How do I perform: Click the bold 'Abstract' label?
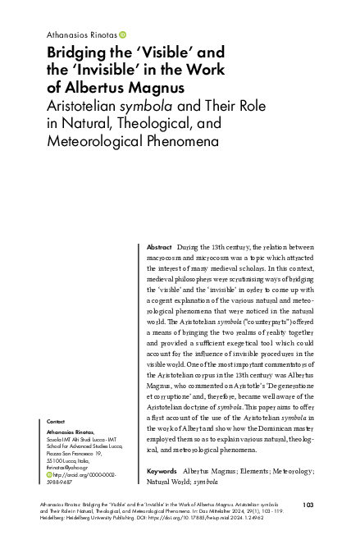(158, 247)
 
